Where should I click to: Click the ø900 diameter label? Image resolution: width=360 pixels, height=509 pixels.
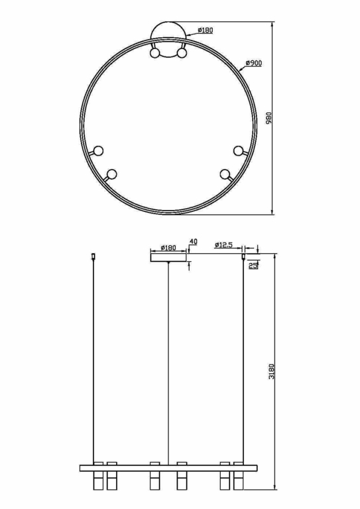(254, 63)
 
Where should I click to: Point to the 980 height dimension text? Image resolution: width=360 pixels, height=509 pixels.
(269, 118)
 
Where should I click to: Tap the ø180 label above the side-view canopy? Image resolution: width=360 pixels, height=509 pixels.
(168, 248)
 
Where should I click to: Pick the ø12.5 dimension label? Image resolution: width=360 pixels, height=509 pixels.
(223, 245)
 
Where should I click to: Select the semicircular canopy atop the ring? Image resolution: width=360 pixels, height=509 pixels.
(168, 34)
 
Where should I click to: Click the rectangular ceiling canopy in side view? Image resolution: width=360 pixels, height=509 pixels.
(168, 256)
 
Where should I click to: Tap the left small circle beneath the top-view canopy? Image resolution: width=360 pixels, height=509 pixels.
(155, 54)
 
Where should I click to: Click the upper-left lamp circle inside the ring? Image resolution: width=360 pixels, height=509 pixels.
(98, 150)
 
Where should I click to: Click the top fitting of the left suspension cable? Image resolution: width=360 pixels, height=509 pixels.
(93, 254)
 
